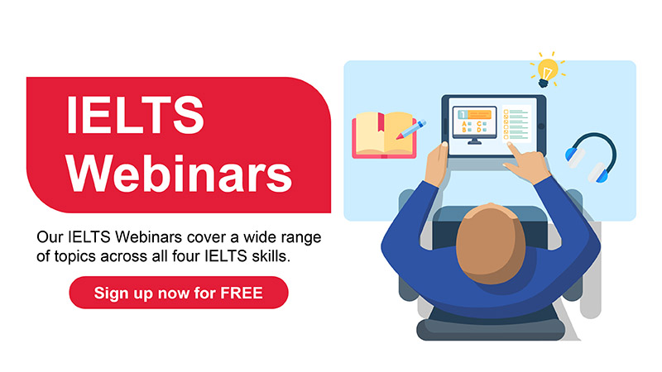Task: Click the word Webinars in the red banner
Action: [x=179, y=174]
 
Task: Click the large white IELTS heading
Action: [x=135, y=115]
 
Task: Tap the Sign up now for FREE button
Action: [x=179, y=293]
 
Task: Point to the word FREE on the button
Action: [x=242, y=293]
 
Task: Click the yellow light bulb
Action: [x=547, y=72]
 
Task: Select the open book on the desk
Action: [x=384, y=135]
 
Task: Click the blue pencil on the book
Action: [x=410, y=130]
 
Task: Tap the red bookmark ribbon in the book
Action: [x=381, y=122]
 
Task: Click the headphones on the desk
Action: [x=592, y=157]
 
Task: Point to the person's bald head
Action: [x=491, y=244]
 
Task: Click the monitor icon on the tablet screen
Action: [x=474, y=125]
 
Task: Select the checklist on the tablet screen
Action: [x=516, y=123]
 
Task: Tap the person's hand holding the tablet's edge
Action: [x=437, y=162]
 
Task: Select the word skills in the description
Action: [x=271, y=256]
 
